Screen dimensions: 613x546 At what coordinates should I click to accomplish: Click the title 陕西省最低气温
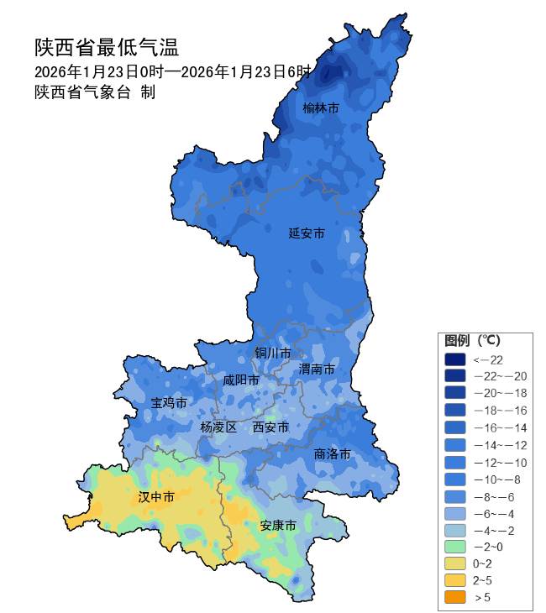[107, 46]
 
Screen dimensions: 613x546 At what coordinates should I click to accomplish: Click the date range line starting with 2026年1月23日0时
[172, 71]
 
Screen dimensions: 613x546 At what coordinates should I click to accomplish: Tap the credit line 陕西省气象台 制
[95, 92]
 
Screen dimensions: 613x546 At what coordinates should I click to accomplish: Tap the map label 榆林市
[321, 108]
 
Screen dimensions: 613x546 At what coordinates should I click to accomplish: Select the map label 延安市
[306, 233]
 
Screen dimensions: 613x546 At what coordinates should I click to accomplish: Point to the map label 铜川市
[273, 353]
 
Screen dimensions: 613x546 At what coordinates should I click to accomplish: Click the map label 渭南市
[317, 369]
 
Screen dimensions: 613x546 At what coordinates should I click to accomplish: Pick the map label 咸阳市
[240, 380]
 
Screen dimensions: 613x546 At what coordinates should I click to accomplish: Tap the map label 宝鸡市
[169, 403]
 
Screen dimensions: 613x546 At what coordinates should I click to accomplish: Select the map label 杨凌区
[218, 427]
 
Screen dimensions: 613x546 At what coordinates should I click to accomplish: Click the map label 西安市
[270, 427]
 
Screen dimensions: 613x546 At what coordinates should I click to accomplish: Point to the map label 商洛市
[332, 454]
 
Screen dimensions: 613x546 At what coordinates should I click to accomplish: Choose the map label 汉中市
[156, 498]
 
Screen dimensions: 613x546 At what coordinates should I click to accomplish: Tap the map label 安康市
[278, 527]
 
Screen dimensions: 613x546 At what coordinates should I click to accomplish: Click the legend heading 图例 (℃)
[472, 341]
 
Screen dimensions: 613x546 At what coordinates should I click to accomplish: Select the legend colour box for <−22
[454, 359]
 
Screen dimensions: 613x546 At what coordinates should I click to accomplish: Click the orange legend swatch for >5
[454, 597]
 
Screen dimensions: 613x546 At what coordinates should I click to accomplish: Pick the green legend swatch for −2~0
[454, 546]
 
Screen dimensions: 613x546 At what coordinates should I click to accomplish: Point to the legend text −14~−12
[501, 444]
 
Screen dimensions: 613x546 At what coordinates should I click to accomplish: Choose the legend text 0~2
[485, 563]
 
